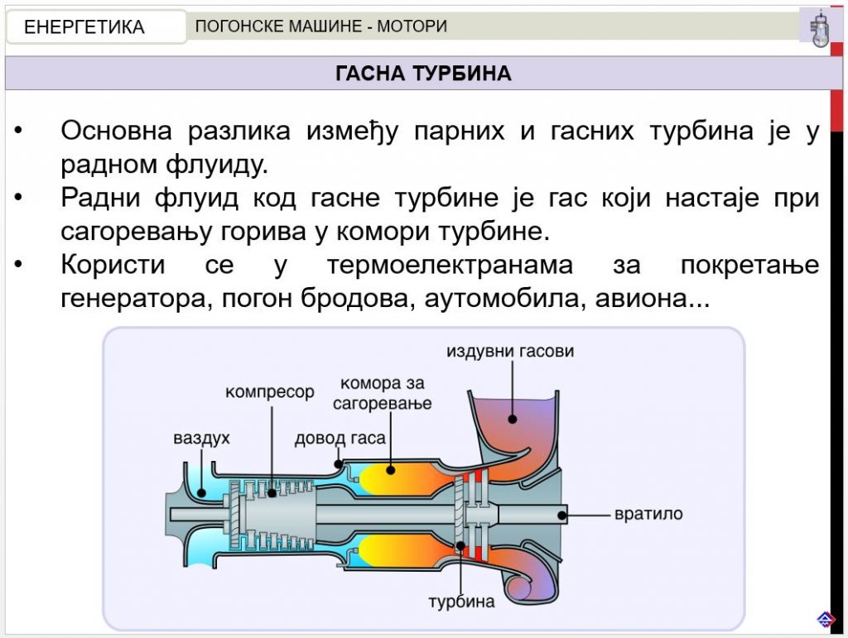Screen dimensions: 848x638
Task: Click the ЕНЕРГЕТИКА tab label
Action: pyautogui.click(x=84, y=26)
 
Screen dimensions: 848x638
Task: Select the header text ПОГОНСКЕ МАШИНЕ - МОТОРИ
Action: pyautogui.click(x=321, y=26)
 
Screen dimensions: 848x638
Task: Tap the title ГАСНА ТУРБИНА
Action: pyautogui.click(x=423, y=73)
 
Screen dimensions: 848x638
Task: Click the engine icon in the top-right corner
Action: pyautogui.click(x=819, y=28)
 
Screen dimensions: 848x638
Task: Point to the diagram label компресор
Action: pyautogui.click(x=270, y=391)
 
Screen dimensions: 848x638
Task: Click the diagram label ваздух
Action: pyautogui.click(x=202, y=437)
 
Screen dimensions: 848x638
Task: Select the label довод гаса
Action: pyautogui.click(x=340, y=438)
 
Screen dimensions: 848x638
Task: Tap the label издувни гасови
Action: pyautogui.click(x=510, y=351)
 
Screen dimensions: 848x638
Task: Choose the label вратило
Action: pyautogui.click(x=648, y=513)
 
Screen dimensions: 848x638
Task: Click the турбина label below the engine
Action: pyautogui.click(x=461, y=602)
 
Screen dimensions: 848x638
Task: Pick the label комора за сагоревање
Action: pyautogui.click(x=383, y=393)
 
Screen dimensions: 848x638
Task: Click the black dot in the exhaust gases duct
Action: pyautogui.click(x=512, y=419)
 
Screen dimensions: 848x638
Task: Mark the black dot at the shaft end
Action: pyautogui.click(x=562, y=516)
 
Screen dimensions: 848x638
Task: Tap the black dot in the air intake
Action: pyautogui.click(x=202, y=492)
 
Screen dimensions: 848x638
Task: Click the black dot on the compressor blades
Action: pyautogui.click(x=272, y=492)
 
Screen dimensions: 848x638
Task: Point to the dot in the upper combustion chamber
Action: pyautogui.click(x=391, y=470)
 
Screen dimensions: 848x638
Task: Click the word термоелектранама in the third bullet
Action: pyautogui.click(x=450, y=265)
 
